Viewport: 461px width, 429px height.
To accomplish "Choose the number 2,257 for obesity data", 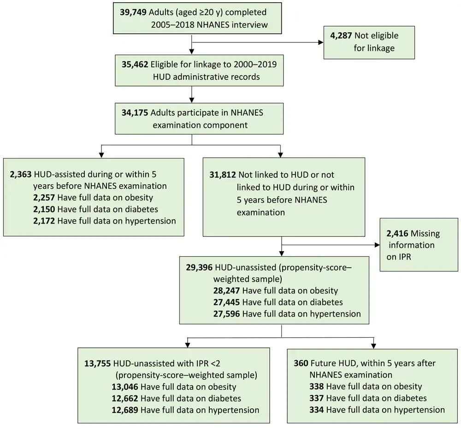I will coord(44,198).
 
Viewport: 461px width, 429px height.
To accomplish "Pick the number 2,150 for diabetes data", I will coord(44,210).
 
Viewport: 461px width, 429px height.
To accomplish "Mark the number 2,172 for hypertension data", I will coord(44,221).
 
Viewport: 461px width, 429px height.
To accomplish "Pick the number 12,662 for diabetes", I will coord(124,398).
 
